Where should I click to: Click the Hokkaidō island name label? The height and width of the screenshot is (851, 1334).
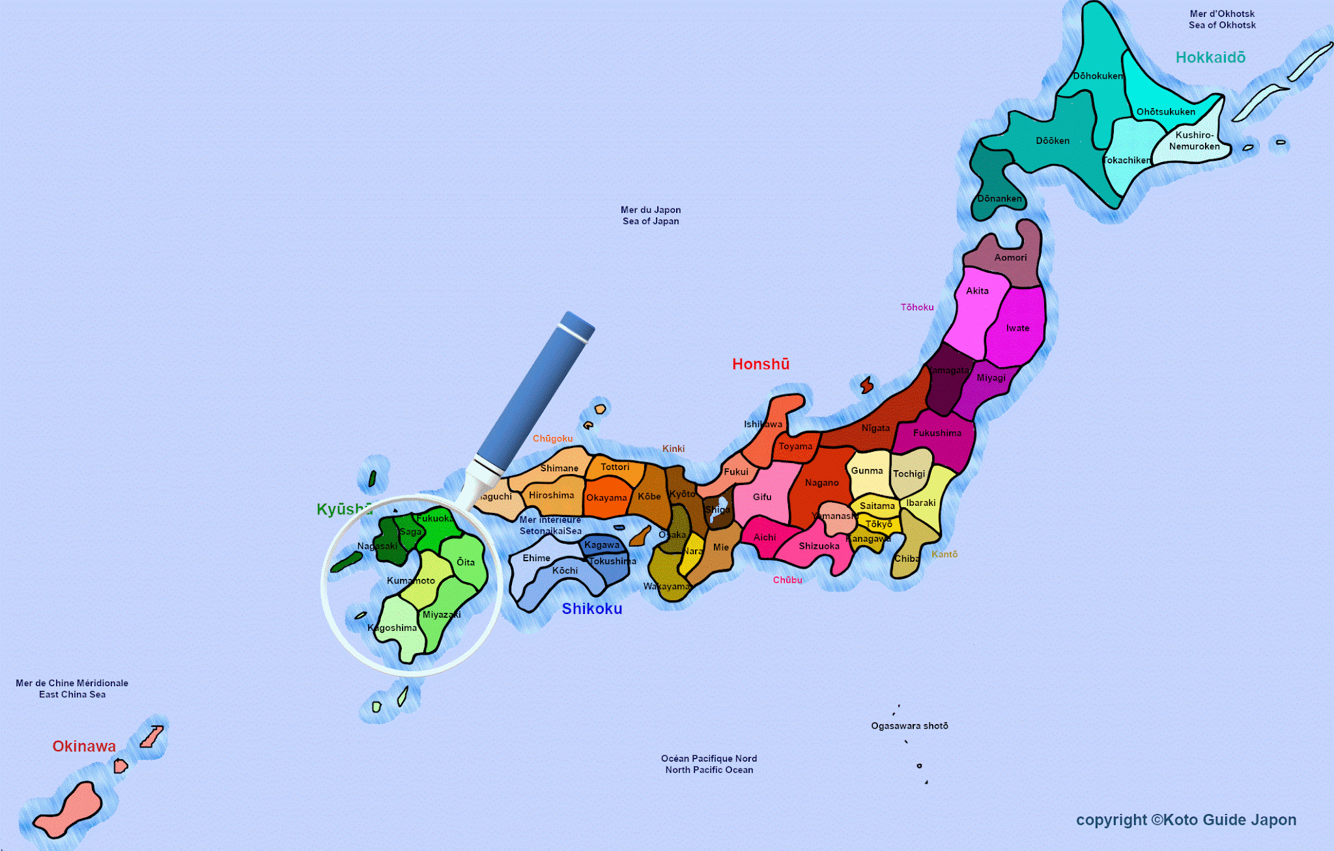pos(1210,58)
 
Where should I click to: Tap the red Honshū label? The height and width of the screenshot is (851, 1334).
pos(761,365)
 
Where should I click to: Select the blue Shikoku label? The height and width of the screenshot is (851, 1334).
pos(592,609)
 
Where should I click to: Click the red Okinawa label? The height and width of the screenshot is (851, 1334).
pos(84,747)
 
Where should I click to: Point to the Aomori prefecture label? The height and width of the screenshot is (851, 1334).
pos(1010,258)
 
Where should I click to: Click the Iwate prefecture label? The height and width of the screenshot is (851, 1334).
pos(1017,328)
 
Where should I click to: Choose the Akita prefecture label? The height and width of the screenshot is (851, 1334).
pos(977,291)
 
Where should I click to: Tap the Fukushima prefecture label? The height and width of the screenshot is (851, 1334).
pos(937,433)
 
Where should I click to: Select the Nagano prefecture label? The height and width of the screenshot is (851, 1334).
pos(821,483)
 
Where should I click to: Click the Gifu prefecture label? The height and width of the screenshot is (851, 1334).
pos(762,497)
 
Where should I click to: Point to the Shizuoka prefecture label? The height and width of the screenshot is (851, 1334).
pos(819,546)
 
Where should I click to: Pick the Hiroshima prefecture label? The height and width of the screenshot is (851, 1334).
pos(551,495)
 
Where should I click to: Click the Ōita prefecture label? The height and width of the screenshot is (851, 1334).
pos(466,562)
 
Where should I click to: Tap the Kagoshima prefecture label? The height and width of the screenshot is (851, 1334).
pos(392,628)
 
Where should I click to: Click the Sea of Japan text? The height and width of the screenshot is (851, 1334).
pos(651,221)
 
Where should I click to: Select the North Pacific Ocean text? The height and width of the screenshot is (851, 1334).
pos(709,770)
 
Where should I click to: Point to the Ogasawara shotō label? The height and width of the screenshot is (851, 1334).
pos(909,726)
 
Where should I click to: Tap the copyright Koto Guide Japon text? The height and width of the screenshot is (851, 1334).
pos(1185,820)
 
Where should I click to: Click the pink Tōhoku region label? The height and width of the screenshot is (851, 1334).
pos(917,307)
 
